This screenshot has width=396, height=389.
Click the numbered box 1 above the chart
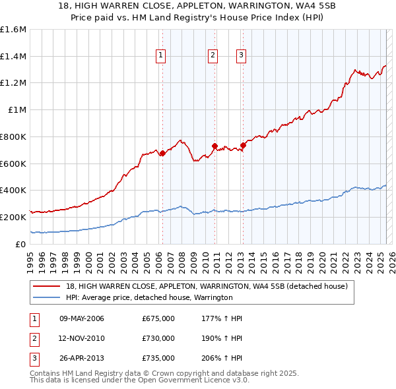click(x=161, y=55)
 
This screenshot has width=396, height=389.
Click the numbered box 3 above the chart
click(x=242, y=55)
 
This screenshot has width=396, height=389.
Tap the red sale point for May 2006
click(x=162, y=154)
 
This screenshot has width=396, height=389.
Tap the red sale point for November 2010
click(x=215, y=146)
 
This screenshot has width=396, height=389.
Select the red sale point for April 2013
click(x=243, y=145)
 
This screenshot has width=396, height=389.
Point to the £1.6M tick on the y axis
click(x=13, y=30)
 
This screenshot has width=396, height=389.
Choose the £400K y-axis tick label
click(x=13, y=190)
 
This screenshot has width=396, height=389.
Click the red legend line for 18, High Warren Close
click(x=47, y=286)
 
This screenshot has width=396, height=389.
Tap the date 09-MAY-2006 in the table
click(x=82, y=319)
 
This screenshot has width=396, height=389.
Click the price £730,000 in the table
click(x=158, y=338)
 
